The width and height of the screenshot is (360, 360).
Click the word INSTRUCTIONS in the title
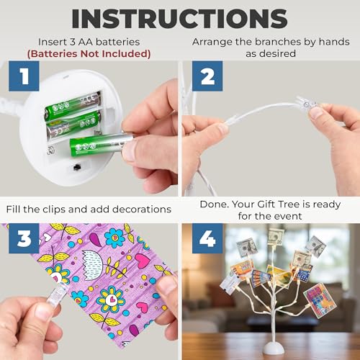pyautogui.click(x=179, y=19)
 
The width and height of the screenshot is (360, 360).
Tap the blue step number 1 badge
pyautogui.click(x=24, y=76)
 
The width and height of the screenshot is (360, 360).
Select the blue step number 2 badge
pyautogui.click(x=207, y=76)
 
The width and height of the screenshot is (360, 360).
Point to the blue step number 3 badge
pyautogui.click(x=24, y=238)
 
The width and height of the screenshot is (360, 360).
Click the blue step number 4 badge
pyautogui.click(x=207, y=238)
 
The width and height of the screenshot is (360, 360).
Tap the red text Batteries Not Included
pyautogui.click(x=89, y=54)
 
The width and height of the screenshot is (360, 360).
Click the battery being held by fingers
pyautogui.click(x=101, y=144)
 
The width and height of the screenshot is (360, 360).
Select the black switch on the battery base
pyautogui.click(x=77, y=167)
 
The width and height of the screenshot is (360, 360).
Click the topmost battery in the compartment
pyautogui.click(x=72, y=106)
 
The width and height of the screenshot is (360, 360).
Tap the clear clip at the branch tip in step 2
pyautogui.click(x=305, y=104)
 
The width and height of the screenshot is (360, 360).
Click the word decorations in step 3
pyautogui.click(x=142, y=210)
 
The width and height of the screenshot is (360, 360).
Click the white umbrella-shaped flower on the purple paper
pyautogui.click(x=93, y=265)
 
